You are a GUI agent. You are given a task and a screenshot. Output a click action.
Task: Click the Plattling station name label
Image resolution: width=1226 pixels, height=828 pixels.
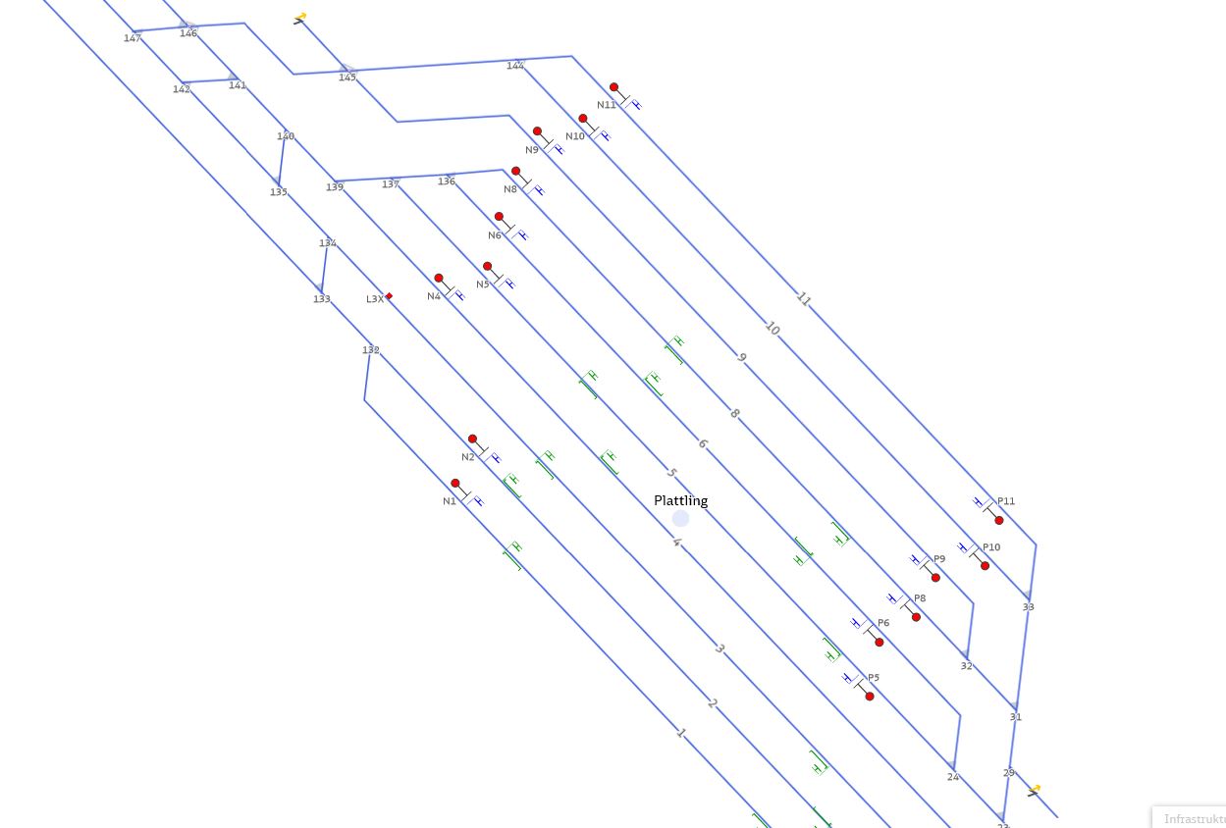[680, 500]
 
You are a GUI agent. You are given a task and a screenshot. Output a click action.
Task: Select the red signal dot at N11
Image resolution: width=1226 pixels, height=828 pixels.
[613, 87]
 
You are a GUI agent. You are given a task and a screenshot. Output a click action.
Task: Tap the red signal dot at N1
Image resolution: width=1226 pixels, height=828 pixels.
[455, 484]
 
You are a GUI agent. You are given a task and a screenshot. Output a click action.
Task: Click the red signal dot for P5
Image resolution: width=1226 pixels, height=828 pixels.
[870, 697]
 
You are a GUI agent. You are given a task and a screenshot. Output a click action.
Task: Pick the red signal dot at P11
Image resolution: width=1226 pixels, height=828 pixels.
[999, 520]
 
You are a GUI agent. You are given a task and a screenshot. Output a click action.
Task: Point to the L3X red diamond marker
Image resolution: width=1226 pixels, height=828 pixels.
[389, 296]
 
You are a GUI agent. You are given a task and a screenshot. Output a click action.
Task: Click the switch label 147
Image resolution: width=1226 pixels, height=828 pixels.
[133, 38]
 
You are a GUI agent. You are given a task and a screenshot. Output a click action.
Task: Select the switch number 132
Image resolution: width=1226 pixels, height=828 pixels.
[370, 350]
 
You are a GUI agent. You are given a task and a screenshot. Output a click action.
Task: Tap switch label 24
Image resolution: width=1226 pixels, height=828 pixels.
[952, 777]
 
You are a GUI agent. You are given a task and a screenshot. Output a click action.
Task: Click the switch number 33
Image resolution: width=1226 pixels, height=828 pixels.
[1028, 607]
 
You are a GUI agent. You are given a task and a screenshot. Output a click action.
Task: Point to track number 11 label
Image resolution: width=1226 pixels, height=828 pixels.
[804, 300]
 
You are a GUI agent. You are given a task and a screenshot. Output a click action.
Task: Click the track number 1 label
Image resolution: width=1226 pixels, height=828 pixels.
[680, 733]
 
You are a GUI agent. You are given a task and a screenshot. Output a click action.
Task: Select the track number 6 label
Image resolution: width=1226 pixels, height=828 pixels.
[702, 444]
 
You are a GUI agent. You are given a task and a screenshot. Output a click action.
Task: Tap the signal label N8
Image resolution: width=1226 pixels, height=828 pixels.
[510, 189]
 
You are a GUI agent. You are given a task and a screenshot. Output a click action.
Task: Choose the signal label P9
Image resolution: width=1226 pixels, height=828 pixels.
[939, 559]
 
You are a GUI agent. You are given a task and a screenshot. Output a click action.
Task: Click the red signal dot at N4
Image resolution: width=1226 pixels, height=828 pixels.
[439, 279]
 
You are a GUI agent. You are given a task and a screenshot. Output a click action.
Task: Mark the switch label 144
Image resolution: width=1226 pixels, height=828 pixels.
[514, 66]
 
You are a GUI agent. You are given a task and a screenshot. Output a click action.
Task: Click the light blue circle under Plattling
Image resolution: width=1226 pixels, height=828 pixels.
[680, 519]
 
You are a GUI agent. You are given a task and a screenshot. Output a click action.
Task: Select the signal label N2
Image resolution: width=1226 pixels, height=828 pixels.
[468, 457]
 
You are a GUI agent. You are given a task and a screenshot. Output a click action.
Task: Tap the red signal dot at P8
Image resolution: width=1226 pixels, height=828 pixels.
[916, 617]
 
